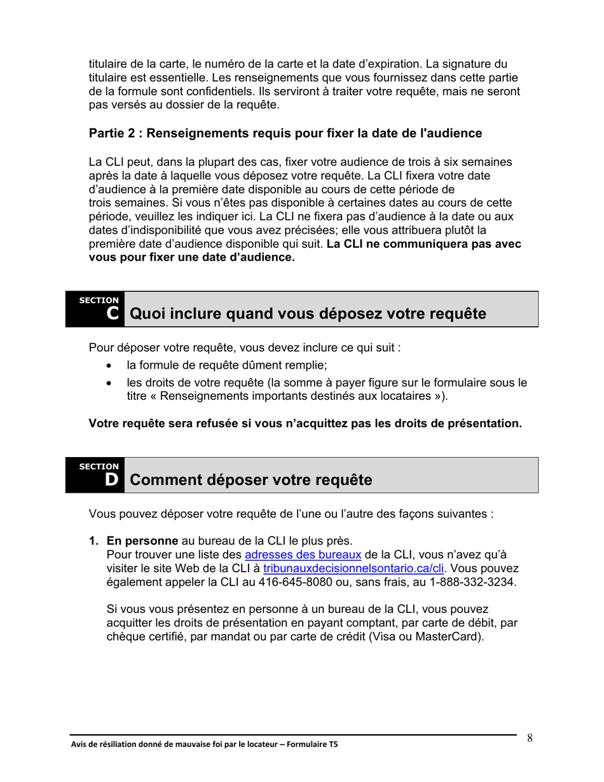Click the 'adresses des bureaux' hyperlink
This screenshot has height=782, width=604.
click(x=303, y=554)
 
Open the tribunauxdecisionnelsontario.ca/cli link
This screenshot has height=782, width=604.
click(x=353, y=568)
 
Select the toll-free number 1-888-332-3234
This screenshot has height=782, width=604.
click(x=472, y=582)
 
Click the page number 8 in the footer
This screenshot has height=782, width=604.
click(x=530, y=738)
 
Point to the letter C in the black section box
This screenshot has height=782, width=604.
click(x=112, y=313)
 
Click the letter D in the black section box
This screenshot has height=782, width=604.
click(x=112, y=479)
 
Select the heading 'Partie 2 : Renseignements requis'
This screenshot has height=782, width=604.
click(x=285, y=134)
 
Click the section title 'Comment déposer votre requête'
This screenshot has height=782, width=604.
click(x=251, y=480)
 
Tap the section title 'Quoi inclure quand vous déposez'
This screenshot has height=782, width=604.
click(x=308, y=314)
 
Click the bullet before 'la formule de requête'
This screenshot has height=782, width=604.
click(x=112, y=366)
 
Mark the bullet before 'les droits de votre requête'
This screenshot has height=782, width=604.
click(x=112, y=383)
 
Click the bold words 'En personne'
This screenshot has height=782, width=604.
click(x=142, y=541)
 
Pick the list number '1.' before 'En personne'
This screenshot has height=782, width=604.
click(x=94, y=541)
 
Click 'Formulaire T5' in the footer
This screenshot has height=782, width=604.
click(x=315, y=744)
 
